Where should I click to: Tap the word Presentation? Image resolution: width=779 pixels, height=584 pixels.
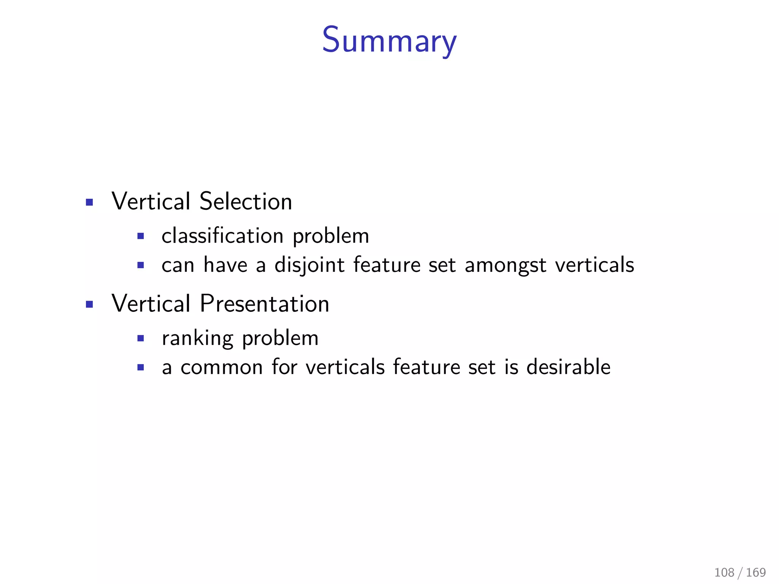[264, 304]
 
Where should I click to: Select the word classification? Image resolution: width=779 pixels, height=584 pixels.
[223, 236]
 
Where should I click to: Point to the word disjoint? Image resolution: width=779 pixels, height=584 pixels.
[309, 265]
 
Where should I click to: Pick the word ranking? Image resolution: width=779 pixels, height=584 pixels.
[197, 338]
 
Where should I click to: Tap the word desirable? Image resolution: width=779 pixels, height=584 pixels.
[568, 367]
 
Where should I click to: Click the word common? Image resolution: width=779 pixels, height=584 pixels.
[221, 368]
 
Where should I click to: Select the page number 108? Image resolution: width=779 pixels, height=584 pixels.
[724, 572]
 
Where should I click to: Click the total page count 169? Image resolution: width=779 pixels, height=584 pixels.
[756, 572]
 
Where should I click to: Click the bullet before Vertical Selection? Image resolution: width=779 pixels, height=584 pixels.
[89, 202]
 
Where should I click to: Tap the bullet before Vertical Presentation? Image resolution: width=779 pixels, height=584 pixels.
[89, 304]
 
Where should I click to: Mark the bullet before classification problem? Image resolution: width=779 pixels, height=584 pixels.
[141, 236]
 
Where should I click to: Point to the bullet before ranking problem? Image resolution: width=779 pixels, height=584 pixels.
[141, 338]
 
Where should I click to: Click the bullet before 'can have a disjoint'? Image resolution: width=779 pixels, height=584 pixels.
[141, 265]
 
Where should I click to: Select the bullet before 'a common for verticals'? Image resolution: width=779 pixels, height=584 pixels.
[141, 367]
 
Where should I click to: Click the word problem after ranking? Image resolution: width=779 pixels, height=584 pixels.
[280, 338]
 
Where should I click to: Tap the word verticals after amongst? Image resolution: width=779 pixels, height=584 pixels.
[595, 265]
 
